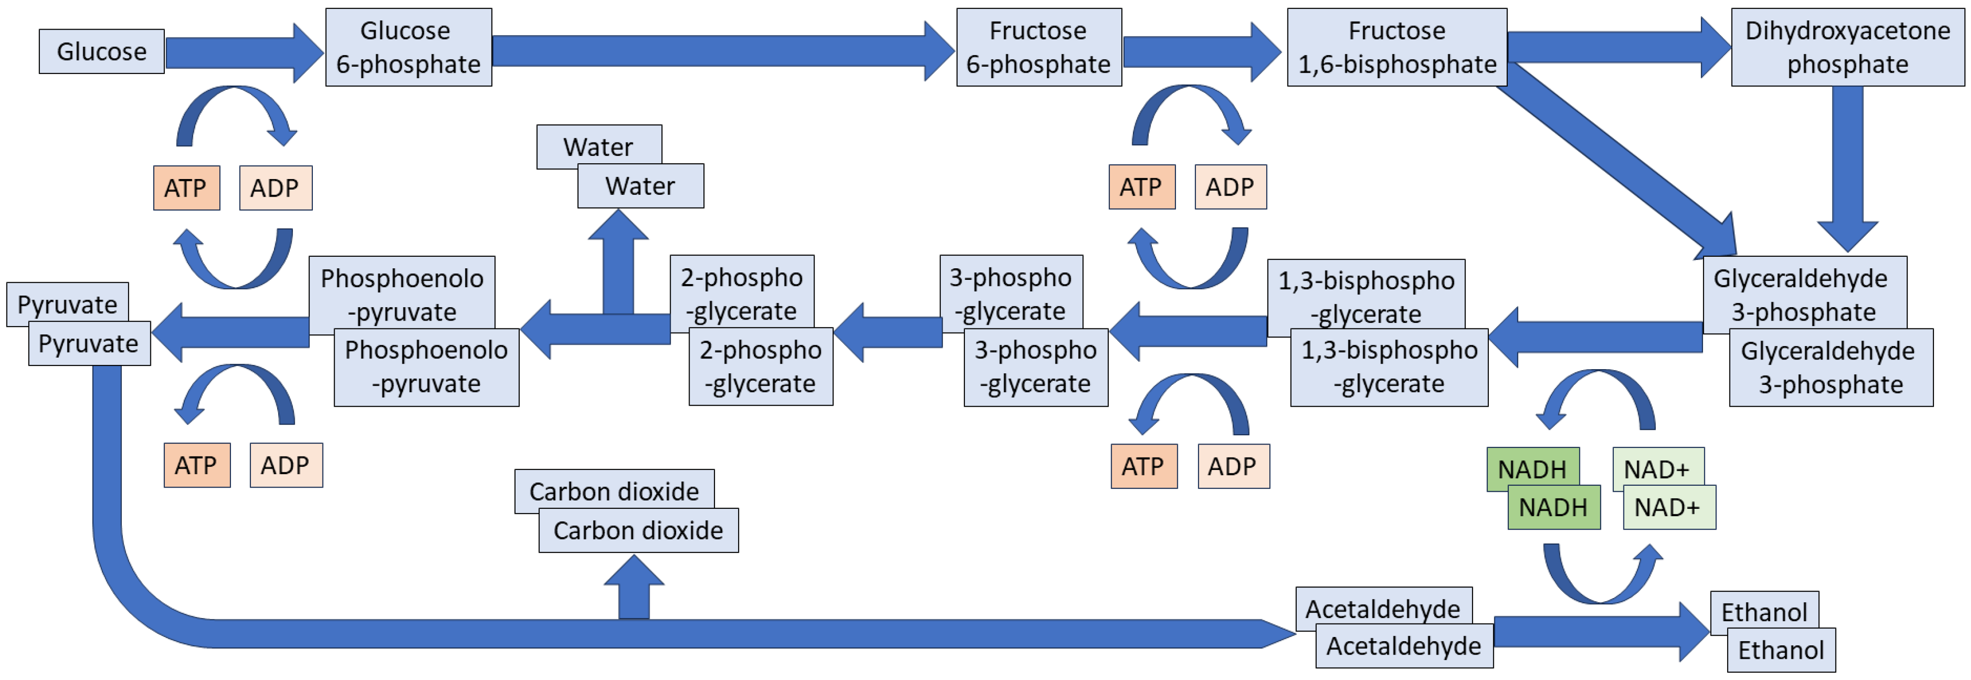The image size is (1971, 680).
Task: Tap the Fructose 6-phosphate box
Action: pos(1038,48)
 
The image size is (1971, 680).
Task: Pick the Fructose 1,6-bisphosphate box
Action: pos(1396,48)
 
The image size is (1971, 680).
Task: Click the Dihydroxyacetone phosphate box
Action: pos(1847,48)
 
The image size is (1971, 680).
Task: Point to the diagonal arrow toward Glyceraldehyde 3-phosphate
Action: pos(1615,161)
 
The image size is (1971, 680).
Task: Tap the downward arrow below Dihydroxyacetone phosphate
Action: pos(1847,168)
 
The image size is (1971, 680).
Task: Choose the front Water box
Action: pos(640,186)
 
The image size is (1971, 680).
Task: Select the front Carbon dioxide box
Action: pos(638,530)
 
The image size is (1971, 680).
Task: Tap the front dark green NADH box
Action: pos(1553,507)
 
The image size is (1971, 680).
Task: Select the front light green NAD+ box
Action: pos(1669,507)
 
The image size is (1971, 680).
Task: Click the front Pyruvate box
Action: pos(89,344)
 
